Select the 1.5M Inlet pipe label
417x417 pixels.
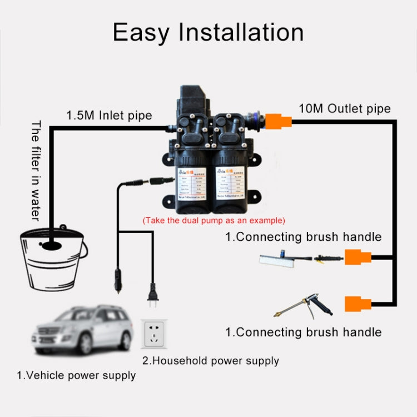109,116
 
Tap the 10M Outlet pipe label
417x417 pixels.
344,108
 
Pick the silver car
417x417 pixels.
82,327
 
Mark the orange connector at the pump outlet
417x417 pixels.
278,120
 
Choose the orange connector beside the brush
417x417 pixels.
357,257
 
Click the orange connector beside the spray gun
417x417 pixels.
357,304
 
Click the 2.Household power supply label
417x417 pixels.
211,360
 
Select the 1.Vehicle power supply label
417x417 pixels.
76,375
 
